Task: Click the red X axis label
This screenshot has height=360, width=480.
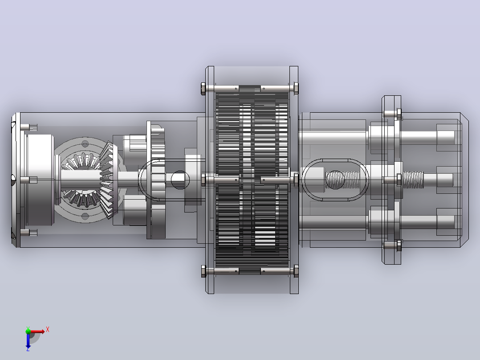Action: click(48, 330)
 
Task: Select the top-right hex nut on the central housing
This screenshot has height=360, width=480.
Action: click(296, 89)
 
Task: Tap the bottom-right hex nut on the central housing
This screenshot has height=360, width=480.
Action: click(296, 271)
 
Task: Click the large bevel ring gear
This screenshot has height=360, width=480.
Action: click(108, 180)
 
